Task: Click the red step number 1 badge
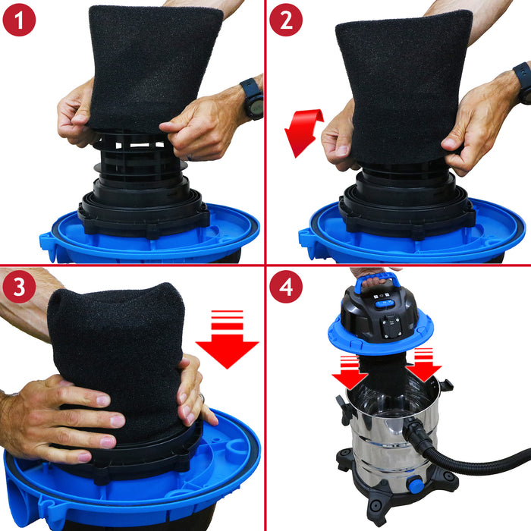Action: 20,20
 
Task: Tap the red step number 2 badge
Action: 286,20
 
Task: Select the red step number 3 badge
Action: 20,287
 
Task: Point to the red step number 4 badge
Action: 286,287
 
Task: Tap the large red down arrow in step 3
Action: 227,338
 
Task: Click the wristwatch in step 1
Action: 253,99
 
